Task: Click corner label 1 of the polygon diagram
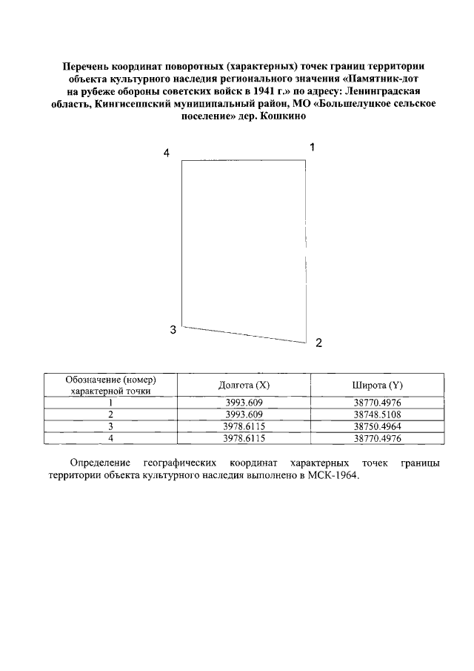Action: pos(313,147)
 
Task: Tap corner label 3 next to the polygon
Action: pos(173,330)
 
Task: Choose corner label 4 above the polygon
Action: pos(167,153)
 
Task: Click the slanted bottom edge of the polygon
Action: pos(244,334)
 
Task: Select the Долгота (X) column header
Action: pos(244,385)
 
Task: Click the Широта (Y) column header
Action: pos(377,385)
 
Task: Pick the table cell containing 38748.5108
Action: pos(377,414)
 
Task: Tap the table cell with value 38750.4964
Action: pos(377,426)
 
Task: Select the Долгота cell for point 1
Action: pos(244,403)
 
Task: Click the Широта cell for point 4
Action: pos(377,437)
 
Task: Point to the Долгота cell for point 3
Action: pos(244,426)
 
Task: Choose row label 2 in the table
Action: pos(110,414)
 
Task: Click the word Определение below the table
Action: pos(99,463)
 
